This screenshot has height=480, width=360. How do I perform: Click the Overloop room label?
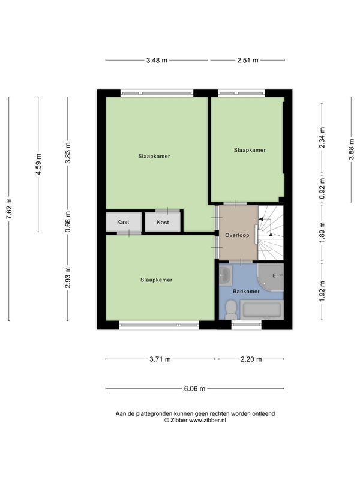pos(237,235)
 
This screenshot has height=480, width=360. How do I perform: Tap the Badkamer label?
pos(246,291)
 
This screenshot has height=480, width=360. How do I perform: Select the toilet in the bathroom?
pos(230,309)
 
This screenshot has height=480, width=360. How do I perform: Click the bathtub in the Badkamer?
pos(262,310)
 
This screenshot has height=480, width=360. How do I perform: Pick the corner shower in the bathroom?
pos(271,277)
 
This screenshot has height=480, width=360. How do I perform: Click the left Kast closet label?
pos(123,222)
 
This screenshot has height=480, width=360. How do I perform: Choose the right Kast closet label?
pos(163,222)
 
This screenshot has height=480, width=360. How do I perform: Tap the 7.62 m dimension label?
pos(9,208)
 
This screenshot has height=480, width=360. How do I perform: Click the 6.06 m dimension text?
pos(194,388)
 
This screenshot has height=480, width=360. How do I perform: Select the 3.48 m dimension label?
pos(157,61)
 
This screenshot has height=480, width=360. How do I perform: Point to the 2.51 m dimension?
pos(248,61)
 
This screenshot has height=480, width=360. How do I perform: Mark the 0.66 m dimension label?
pos(68,221)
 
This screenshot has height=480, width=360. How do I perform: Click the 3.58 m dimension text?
pos(352,149)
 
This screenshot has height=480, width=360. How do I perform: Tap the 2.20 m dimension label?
pos(251,359)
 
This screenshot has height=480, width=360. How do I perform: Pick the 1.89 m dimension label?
pos(322,232)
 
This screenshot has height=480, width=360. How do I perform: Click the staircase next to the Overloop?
pos(271,233)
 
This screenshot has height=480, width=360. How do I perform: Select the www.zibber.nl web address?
pos(208,421)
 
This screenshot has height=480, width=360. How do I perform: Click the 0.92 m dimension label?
pos(322,188)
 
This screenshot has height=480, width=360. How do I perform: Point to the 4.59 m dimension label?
pos(38,164)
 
